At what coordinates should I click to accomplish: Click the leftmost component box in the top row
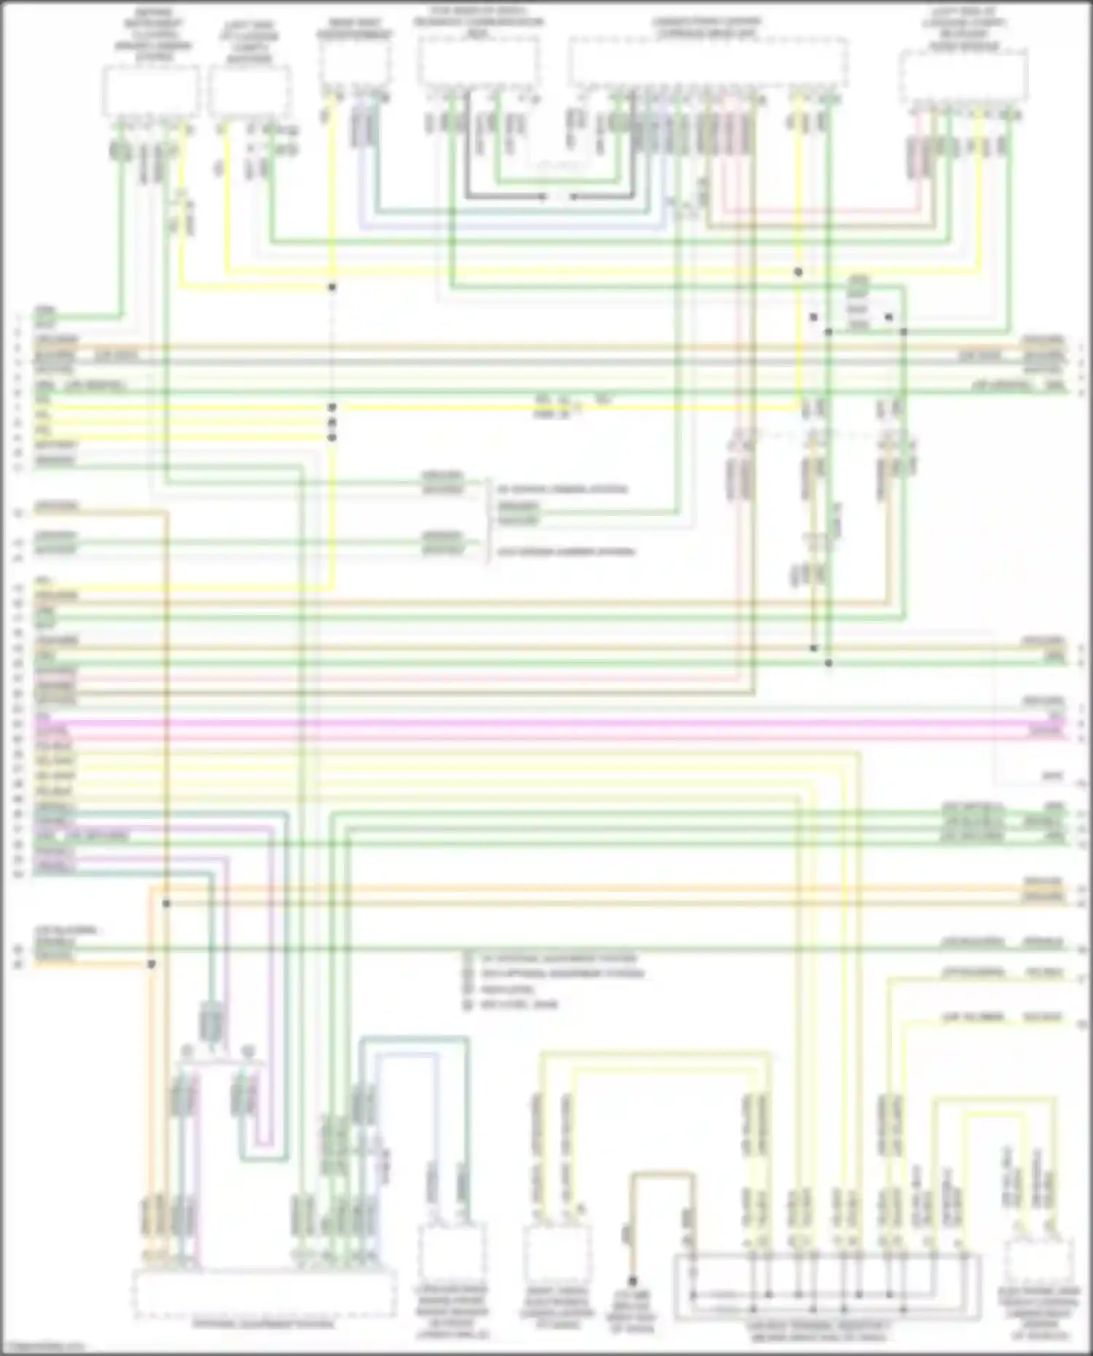(x=150, y=90)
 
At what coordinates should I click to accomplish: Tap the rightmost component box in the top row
(x=963, y=77)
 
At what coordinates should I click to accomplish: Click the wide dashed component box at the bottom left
(x=264, y=1293)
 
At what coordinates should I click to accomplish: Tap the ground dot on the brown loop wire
(x=632, y=1280)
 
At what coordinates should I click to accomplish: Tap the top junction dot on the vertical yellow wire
(x=332, y=287)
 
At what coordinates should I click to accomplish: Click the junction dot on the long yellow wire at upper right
(x=798, y=272)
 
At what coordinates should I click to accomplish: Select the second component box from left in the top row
(x=249, y=90)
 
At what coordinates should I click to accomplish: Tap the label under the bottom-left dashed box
(x=264, y=1323)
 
